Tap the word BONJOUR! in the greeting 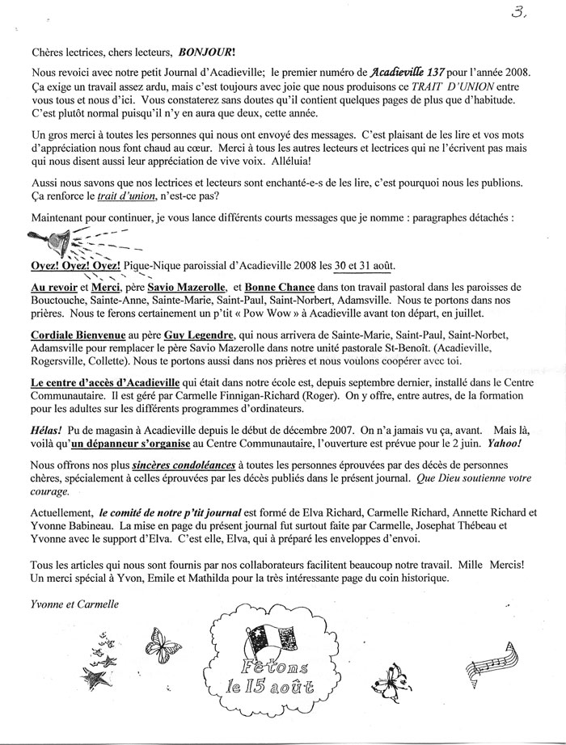pyautogui.click(x=182, y=48)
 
